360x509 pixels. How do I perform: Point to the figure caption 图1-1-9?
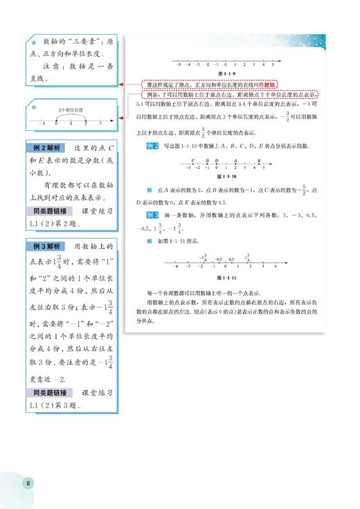pyautogui.click(x=226, y=73)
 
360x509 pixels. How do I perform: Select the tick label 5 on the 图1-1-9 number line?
pyautogui.click(x=273, y=63)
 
